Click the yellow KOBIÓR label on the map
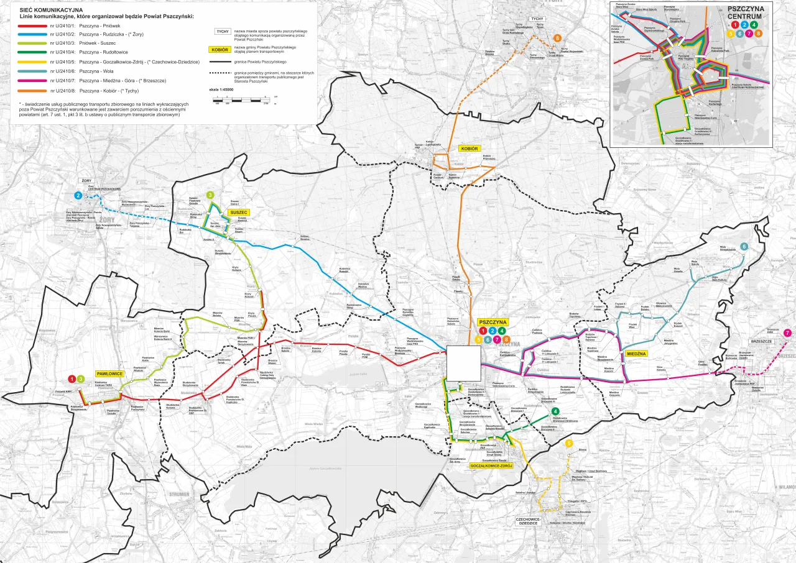click(x=468, y=149)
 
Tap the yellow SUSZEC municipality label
click(x=238, y=213)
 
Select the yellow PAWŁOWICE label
click(x=109, y=373)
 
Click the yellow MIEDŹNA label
click(x=637, y=354)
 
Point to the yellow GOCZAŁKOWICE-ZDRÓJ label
click(x=491, y=465)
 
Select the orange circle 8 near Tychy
click(x=557, y=39)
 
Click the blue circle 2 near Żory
click(x=78, y=195)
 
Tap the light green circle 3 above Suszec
click(x=210, y=195)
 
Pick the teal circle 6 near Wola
click(x=744, y=247)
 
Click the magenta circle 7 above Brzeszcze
click(x=787, y=333)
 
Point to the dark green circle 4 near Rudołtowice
click(x=555, y=411)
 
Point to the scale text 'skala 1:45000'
click(x=221, y=90)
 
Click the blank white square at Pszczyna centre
click(x=463, y=363)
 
